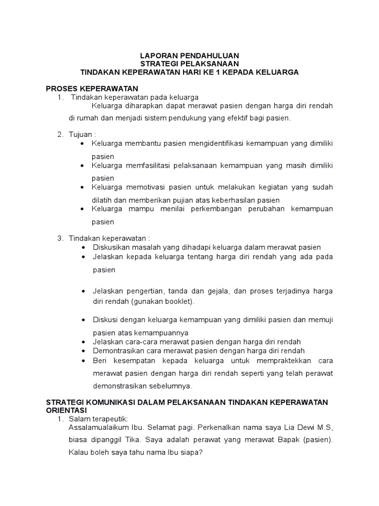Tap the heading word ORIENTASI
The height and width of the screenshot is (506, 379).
66,410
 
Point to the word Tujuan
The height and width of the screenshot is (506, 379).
80,135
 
